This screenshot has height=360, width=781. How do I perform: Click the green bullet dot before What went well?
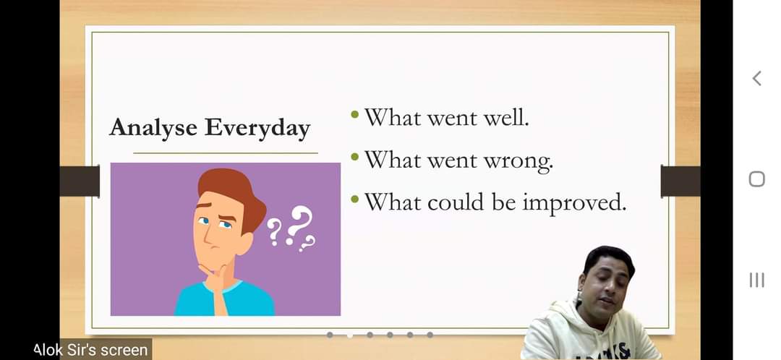(x=354, y=115)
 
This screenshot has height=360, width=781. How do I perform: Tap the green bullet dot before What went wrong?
(x=354, y=158)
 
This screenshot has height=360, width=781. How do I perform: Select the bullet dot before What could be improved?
(x=354, y=200)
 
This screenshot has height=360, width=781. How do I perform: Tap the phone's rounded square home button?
(x=756, y=179)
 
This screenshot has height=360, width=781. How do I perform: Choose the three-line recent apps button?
(x=756, y=280)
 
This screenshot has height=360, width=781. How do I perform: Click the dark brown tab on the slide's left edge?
(x=80, y=181)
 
